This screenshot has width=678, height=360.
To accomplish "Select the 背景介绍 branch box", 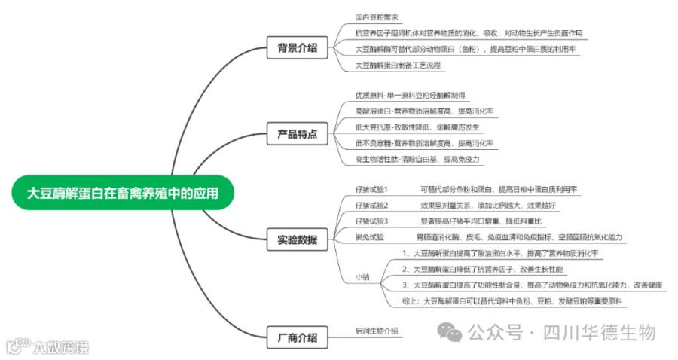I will click(297, 48).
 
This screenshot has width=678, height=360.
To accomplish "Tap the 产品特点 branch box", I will click(297, 135).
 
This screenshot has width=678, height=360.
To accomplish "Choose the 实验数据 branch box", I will click(297, 241).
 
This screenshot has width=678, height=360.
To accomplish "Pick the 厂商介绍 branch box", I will click(297, 337).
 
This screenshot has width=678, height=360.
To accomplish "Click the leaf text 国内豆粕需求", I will click(377, 17).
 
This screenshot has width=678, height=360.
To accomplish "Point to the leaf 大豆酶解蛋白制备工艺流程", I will click(399, 65).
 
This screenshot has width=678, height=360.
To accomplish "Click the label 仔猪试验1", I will click(371, 188).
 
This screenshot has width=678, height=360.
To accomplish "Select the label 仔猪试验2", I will click(371, 205).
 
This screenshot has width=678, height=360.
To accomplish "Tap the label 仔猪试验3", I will click(371, 221).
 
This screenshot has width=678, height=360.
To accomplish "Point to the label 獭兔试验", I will click(369, 237).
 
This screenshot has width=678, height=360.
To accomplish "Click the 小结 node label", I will click(362, 277).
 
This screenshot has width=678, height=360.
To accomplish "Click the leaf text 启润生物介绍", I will click(377, 331).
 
